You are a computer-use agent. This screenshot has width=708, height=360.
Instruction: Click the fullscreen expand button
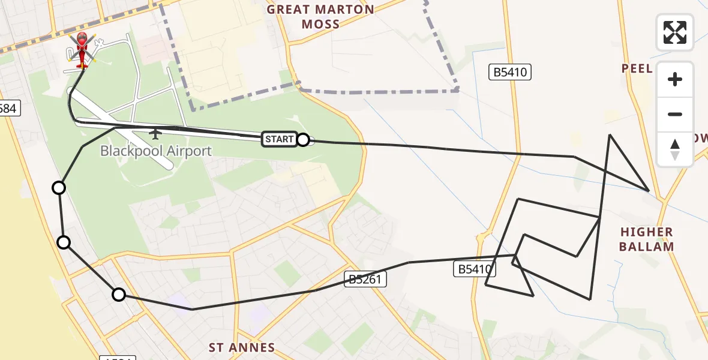pos(675,32)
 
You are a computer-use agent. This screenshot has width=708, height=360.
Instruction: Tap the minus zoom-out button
pos(675,114)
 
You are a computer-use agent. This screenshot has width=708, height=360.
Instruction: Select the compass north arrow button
pos(675,149)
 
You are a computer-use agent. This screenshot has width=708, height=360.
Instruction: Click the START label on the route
pos(279,139)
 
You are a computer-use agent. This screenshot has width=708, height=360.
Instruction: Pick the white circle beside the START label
pos(303,140)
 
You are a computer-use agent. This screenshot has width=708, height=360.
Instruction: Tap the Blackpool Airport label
pos(156,151)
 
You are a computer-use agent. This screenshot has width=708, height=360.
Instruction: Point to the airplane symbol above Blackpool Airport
pos(155,133)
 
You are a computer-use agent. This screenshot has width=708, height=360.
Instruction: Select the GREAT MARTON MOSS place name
pos(320,17)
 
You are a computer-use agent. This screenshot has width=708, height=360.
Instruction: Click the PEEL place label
pos(637,68)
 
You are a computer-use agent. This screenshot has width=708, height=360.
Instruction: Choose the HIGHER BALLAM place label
pos(647,239)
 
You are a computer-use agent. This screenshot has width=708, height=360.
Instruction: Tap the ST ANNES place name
pos(242,347)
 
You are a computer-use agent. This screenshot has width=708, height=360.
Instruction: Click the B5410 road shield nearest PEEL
pos(510,73)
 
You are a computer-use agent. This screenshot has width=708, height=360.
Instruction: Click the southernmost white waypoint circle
pos(119,295)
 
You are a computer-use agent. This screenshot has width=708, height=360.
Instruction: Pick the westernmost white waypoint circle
pos(59,188)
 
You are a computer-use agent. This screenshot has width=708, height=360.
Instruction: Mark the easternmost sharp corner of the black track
pos(649,191)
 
